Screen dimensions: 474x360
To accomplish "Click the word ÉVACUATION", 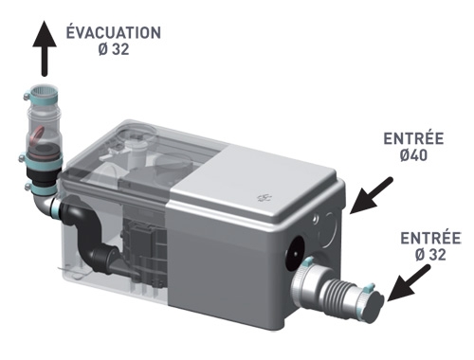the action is pyautogui.click(x=114, y=32).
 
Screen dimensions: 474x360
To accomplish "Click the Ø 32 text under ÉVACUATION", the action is pyautogui.click(x=114, y=49).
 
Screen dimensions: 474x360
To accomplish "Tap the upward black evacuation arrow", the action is pyautogui.click(x=45, y=48).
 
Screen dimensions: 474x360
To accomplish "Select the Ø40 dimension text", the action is pyautogui.click(x=413, y=155).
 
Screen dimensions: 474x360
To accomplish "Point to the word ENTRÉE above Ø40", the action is pyautogui.click(x=413, y=138).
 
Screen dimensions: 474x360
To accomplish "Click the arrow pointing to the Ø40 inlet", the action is pyautogui.click(x=372, y=195).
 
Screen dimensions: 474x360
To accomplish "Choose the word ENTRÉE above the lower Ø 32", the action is pyautogui.click(x=430, y=238).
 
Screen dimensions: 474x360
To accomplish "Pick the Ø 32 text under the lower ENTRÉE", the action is pyautogui.click(x=430, y=255).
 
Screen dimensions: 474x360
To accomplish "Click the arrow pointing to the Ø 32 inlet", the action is pyautogui.click(x=410, y=283).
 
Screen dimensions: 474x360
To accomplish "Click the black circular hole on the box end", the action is pyautogui.click(x=295, y=254).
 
